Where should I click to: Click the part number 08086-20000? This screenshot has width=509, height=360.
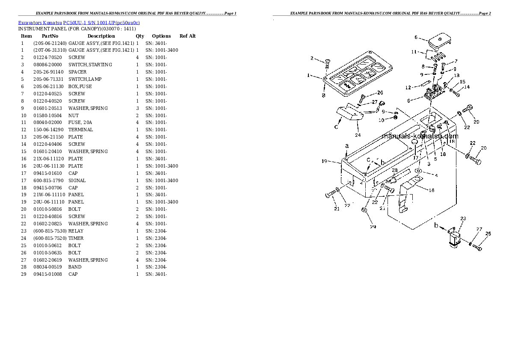pyautogui.click(x=47, y=65)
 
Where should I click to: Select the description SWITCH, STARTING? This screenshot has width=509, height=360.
pyautogui.click(x=90, y=65)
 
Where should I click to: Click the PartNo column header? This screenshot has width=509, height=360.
pyautogui.click(x=50, y=36)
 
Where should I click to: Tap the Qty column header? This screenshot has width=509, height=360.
pyautogui.click(x=140, y=36)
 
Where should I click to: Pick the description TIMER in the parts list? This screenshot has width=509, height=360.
pyautogui.click(x=76, y=238)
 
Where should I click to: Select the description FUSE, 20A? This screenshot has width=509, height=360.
pyautogui.click(x=80, y=122)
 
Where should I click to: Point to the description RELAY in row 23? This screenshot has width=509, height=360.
pyautogui.click(x=76, y=231)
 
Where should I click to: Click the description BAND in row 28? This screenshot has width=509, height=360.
pyautogui.click(x=75, y=267)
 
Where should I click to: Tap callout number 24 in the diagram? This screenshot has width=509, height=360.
pyautogui.click(x=358, y=135)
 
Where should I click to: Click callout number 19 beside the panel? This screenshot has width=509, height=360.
pyautogui.click(x=324, y=161)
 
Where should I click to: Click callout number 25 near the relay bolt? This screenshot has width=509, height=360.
pyautogui.click(x=488, y=234)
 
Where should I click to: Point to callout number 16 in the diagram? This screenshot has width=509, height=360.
pyautogui.click(x=432, y=190)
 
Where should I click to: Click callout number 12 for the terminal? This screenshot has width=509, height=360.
pyautogui.click(x=408, y=88)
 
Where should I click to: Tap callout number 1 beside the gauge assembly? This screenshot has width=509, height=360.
pyautogui.click(x=308, y=76)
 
